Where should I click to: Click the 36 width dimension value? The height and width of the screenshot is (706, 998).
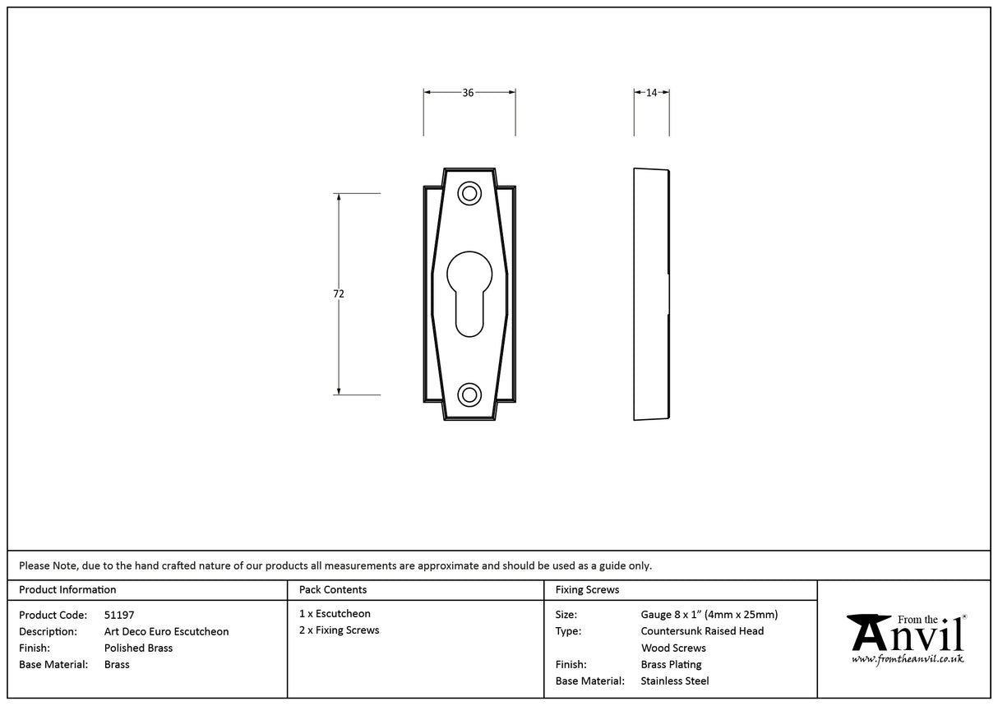click(x=468, y=93)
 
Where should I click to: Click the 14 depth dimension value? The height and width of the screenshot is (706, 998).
click(x=651, y=93)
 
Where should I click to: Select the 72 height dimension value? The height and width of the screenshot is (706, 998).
click(x=339, y=294)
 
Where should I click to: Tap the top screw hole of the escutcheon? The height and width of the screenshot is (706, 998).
click(x=469, y=194)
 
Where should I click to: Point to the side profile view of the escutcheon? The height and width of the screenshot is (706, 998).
click(x=651, y=294)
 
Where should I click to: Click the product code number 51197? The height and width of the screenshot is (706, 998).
click(x=119, y=615)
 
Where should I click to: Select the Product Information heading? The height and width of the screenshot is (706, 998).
click(x=67, y=589)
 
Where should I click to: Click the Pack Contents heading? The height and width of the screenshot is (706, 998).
click(x=333, y=589)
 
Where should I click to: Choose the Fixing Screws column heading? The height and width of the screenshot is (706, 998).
click(x=587, y=589)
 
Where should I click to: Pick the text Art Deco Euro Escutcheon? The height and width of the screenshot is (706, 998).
click(x=166, y=631)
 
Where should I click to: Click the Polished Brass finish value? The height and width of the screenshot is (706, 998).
click(x=138, y=648)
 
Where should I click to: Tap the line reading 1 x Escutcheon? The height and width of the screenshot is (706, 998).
click(x=335, y=614)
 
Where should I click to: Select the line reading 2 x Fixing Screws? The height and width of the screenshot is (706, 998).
click(x=339, y=630)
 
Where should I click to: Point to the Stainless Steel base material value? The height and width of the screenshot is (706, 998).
click(x=674, y=681)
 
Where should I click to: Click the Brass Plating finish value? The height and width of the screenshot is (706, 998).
click(x=671, y=664)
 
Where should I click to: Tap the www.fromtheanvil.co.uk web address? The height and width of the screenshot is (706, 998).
click(x=907, y=659)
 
